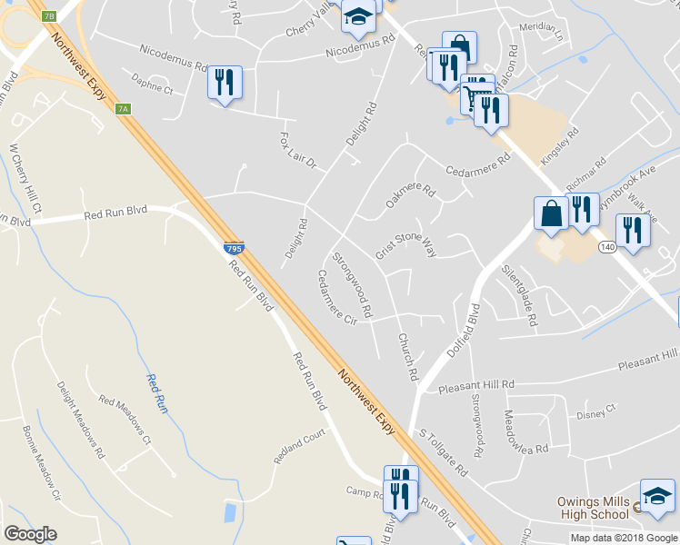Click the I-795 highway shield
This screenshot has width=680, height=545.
click(x=233, y=247)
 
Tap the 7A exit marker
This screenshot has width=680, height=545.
click(x=124, y=109)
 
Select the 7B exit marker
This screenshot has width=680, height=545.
click(x=49, y=16)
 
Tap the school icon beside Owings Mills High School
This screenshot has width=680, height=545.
click(x=656, y=495)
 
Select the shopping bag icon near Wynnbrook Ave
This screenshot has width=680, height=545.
click(x=551, y=213)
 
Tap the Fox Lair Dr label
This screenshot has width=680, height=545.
click(x=296, y=151)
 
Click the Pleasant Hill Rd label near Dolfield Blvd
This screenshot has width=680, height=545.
click(x=476, y=386)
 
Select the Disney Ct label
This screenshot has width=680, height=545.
click(x=596, y=413)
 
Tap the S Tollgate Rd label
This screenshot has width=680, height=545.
click(x=442, y=455)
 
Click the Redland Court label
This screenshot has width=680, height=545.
click(x=299, y=448)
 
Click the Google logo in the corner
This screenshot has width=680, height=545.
click(x=30, y=534)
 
